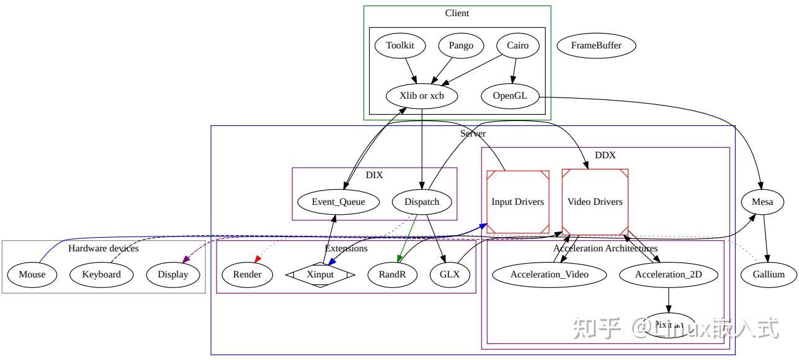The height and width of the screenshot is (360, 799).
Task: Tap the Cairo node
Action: click(x=517, y=45)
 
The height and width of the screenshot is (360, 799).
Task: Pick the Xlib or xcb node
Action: click(x=422, y=96)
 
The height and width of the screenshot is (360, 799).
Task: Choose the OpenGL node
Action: click(x=510, y=96)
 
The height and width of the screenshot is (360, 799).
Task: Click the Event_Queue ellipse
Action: click(x=338, y=202)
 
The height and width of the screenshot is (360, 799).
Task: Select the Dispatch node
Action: click(x=422, y=202)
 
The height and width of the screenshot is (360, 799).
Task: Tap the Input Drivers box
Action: click(x=517, y=202)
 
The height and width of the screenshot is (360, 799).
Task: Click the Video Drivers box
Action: click(x=595, y=202)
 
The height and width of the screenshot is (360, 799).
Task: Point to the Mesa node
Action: click(x=762, y=202)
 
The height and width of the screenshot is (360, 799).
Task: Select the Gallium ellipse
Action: click(x=769, y=274)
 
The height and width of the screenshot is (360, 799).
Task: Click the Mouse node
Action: click(x=32, y=274)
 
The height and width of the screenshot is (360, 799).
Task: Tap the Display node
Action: click(x=172, y=274)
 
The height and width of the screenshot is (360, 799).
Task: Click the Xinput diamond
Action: click(x=320, y=274)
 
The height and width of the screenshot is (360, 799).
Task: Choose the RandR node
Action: click(x=391, y=274)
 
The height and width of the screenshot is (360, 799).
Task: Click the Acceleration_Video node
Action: click(x=549, y=274)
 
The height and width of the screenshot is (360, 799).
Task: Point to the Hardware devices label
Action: click(x=103, y=248)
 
